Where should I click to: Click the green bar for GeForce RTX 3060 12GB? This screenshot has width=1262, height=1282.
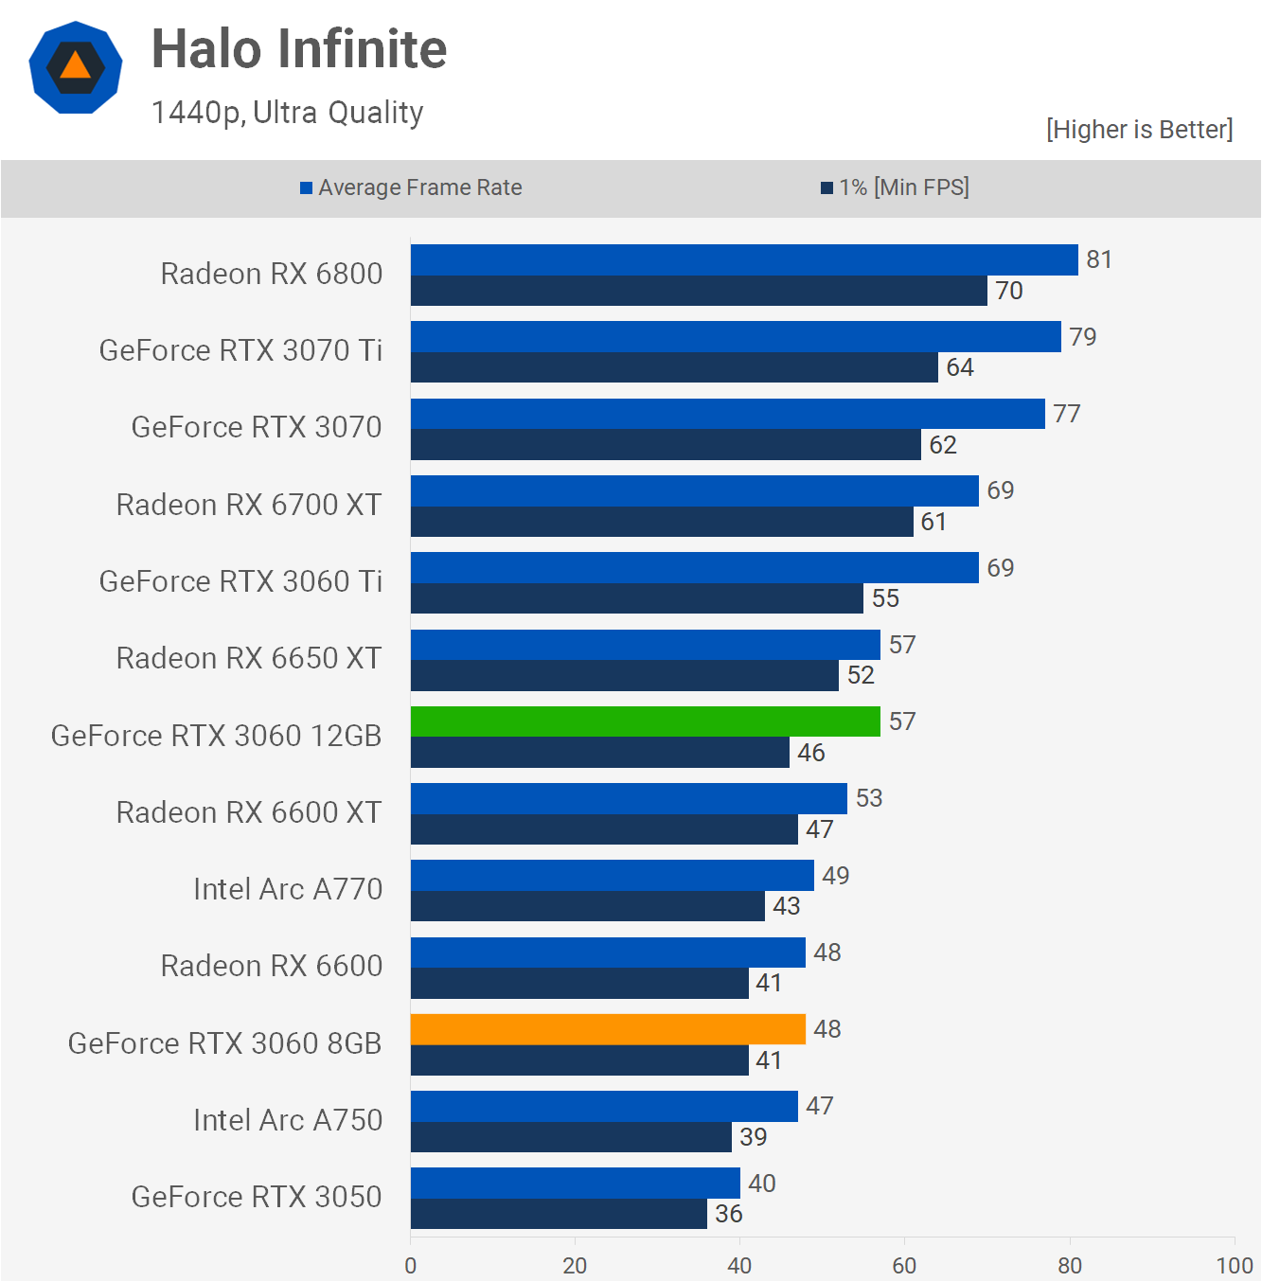point(645,721)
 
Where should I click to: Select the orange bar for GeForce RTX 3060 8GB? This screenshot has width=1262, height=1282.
point(608,1029)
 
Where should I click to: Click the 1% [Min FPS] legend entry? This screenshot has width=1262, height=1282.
point(896,187)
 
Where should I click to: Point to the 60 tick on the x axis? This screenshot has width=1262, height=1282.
point(904,1266)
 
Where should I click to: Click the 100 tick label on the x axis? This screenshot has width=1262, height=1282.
point(1234,1266)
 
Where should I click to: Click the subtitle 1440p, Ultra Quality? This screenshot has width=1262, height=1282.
point(287,113)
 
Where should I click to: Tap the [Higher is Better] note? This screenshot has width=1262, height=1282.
point(1139,130)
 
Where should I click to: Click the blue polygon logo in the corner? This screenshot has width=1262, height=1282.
point(76,67)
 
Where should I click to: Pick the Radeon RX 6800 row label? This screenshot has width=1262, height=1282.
point(272,274)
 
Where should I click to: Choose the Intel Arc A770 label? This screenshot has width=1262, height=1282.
point(288,889)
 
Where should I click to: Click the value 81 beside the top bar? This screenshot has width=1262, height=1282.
point(1099,259)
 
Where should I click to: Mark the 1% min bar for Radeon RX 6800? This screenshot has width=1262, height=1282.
point(699,291)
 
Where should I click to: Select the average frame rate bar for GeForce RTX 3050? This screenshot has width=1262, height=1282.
point(575,1183)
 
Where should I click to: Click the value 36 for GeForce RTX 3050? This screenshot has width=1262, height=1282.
point(729,1214)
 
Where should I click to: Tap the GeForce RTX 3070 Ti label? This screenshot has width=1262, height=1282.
point(240,350)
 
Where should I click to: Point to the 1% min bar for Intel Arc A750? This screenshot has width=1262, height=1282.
point(571,1137)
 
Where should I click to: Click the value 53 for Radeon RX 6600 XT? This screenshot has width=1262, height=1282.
point(869,798)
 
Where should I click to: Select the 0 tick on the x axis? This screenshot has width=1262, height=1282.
point(410,1266)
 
